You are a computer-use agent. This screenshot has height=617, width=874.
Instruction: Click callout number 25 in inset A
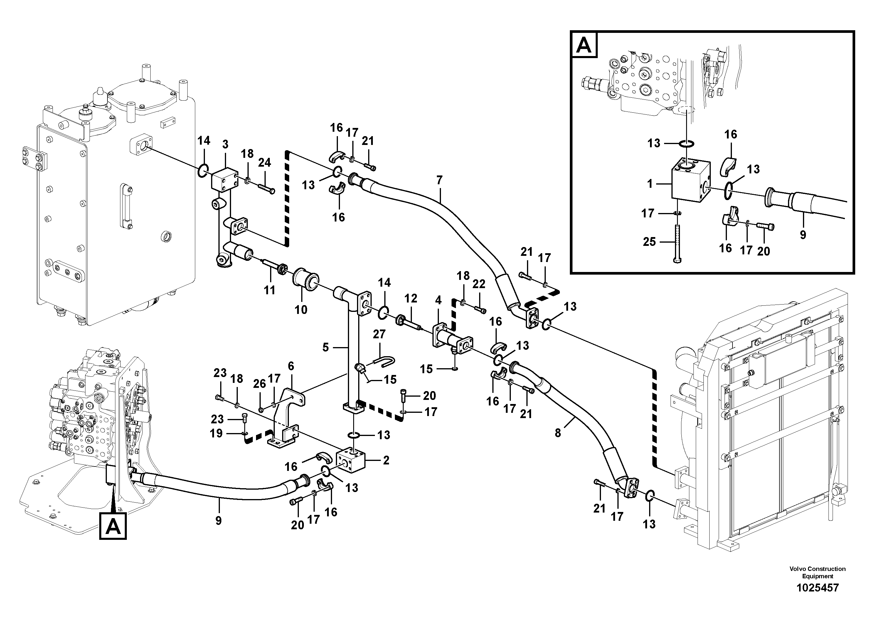(649, 242)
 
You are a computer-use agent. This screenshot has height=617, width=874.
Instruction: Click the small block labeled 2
(351, 462)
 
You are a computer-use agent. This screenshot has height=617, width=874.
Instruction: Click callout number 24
(265, 163)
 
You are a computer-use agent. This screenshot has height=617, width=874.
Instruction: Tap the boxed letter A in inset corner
(584, 45)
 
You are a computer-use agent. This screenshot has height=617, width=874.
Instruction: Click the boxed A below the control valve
(113, 526)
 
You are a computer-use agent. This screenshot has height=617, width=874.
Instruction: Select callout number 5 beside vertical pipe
(326, 347)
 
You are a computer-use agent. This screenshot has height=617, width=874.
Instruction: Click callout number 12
(411, 298)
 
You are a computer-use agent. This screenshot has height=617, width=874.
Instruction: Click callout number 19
(216, 433)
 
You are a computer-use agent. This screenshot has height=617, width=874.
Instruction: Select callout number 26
(260, 384)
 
